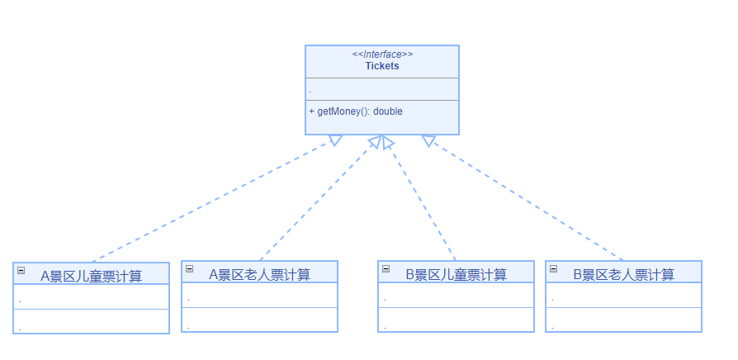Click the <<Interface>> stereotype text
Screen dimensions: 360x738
click(381, 54)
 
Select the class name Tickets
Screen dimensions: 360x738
click(381, 66)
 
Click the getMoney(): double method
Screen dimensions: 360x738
click(356, 111)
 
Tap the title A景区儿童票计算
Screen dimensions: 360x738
click(91, 276)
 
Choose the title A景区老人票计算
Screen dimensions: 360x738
click(259, 274)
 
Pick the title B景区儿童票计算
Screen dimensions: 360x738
click(456, 274)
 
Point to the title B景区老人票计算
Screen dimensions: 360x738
click(623, 274)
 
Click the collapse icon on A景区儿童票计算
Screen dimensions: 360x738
click(21, 270)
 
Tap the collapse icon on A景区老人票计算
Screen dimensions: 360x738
click(190, 268)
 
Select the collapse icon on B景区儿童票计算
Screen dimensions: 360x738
click(386, 268)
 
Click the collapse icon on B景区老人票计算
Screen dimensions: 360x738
click(554, 268)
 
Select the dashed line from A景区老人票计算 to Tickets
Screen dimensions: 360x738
click(318, 200)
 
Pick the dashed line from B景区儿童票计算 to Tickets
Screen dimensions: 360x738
click(421, 200)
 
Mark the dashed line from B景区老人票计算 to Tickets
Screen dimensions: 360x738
click(524, 200)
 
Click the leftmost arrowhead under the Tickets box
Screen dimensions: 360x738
click(335, 140)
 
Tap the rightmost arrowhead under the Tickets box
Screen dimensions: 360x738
click(428, 140)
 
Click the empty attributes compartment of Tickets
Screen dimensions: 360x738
click(381, 89)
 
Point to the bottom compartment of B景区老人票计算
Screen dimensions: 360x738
click(623, 320)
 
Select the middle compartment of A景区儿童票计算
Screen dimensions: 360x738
click(91, 297)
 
